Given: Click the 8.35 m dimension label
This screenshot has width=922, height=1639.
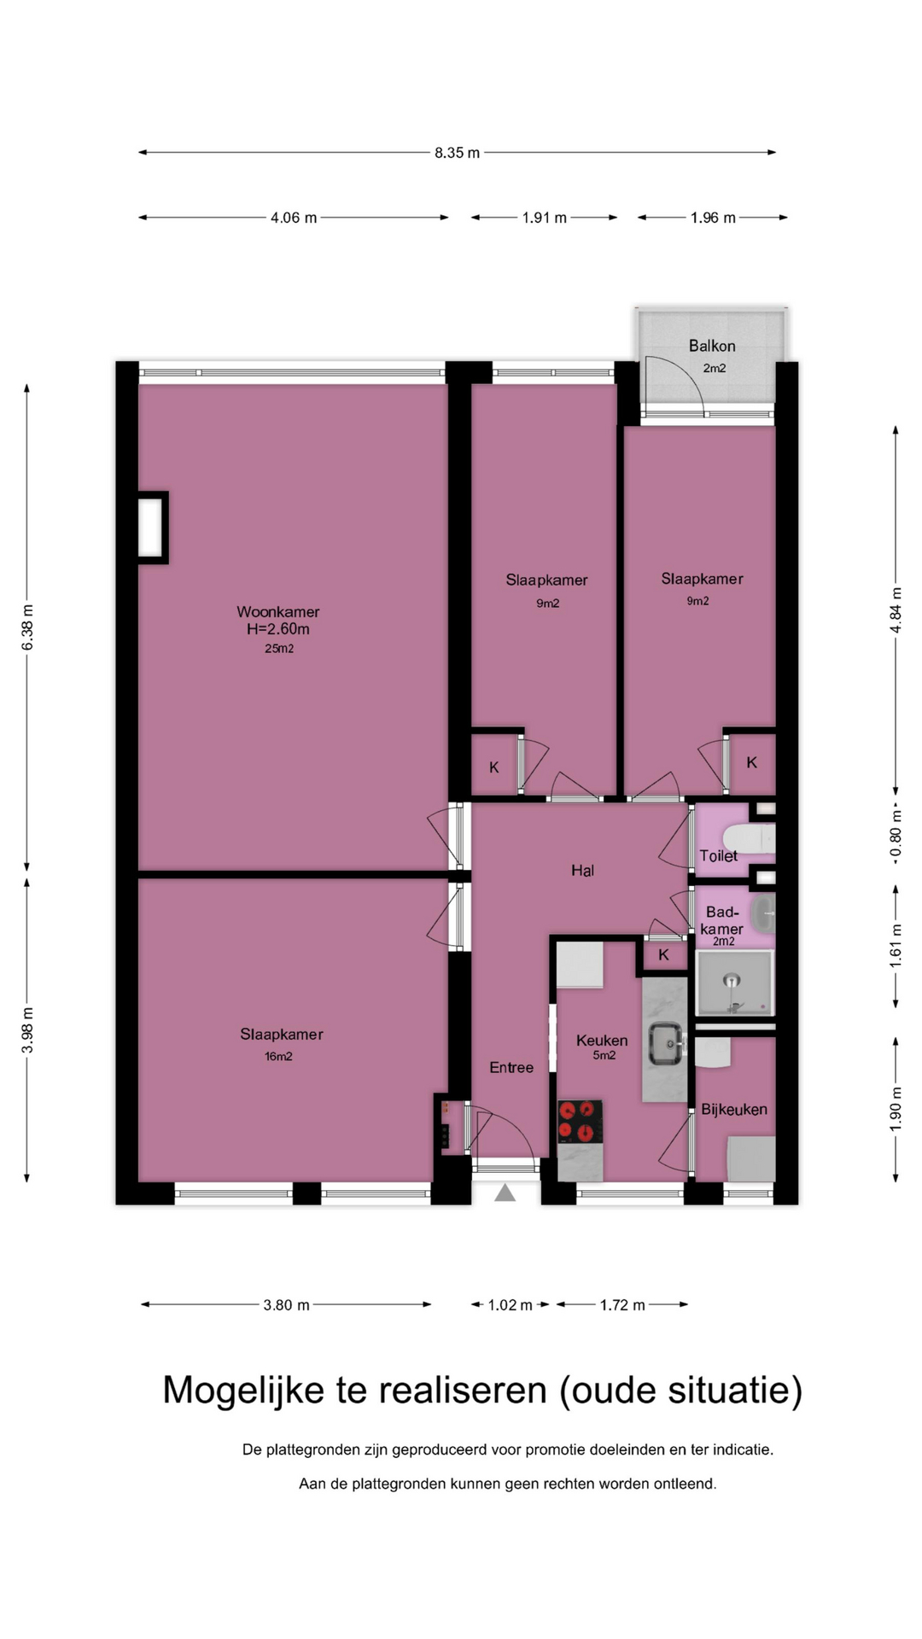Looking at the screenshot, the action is coord(457,153).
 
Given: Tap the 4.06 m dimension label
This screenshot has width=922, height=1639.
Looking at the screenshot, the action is coord(294,218).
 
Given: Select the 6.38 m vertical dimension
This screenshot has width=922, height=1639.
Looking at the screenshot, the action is coord(27,627).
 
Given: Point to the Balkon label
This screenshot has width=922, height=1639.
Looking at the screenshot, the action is coord(712,346).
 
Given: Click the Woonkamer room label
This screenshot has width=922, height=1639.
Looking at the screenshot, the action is coord(278,612).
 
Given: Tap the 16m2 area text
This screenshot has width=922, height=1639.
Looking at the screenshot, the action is coord(279,1057).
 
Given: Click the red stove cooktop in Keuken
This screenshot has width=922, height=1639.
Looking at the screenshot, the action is coord(580,1122).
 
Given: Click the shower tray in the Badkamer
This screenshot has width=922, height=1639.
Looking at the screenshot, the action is coord(735,983).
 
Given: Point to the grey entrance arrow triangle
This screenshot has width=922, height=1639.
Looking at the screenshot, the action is coord(505,1193).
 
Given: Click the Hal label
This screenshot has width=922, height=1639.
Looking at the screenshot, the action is coord(583,871).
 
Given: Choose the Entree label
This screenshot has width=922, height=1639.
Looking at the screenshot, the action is coord(511,1068).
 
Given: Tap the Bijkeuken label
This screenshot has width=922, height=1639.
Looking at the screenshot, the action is coord(734,1110).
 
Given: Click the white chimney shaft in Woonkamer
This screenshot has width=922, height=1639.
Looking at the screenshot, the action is coord(151,528).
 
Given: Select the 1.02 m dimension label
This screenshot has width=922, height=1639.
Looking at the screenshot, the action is coord(510,1305).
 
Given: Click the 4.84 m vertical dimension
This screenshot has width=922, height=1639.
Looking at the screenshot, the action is coord(896,610).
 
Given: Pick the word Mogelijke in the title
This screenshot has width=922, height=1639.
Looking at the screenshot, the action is coord(244,1391).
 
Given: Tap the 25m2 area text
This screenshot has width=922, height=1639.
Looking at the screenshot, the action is coord(279,649).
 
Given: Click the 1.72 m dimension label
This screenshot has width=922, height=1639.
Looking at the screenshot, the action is coord(622,1305).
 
